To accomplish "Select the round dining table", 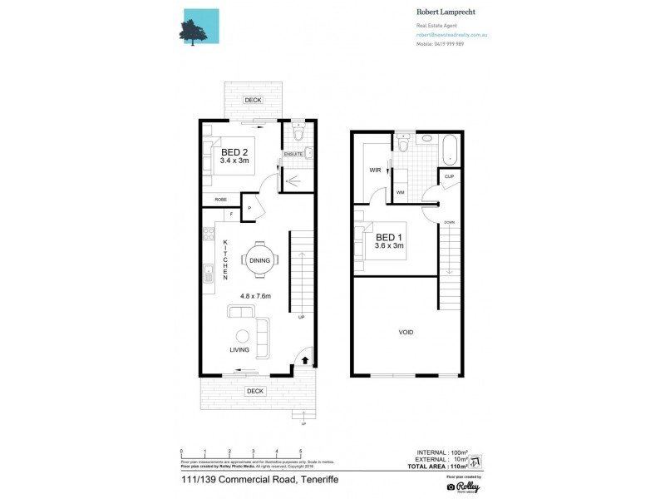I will point(258,259).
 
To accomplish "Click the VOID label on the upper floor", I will point(406,332).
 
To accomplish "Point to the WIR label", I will point(375,170).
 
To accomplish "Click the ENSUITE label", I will point(293,155).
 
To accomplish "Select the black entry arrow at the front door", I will point(304,360).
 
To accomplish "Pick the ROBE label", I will point(221,200).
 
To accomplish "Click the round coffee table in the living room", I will point(243,336).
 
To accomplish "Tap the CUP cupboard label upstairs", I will point(449,177).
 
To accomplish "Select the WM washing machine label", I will point(400,193).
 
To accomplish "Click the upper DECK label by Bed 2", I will point(252,100).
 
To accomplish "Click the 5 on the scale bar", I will point(300,452).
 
